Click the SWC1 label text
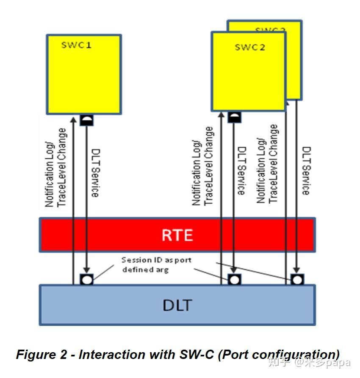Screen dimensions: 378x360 pyautogui.click(x=76, y=45)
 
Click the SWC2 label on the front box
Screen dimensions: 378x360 pyautogui.click(x=250, y=47)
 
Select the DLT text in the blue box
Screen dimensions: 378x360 pyautogui.click(x=177, y=305)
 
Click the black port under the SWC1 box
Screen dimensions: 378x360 pyautogui.click(x=86, y=120)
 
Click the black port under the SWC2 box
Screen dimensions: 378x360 pyautogui.click(x=234, y=117)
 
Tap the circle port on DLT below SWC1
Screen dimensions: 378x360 pyautogui.click(x=86, y=279)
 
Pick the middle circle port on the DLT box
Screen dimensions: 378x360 pyautogui.click(x=234, y=279)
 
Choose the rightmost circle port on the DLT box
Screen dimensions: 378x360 pyautogui.click(x=297, y=279)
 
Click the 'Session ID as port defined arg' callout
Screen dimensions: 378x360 pyautogui.click(x=150, y=265)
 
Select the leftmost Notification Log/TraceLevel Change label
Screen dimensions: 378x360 pyautogui.click(x=56, y=168)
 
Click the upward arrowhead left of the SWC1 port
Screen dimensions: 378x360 pyautogui.click(x=73, y=119)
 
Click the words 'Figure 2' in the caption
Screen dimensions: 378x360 pyautogui.click(x=42, y=354)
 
